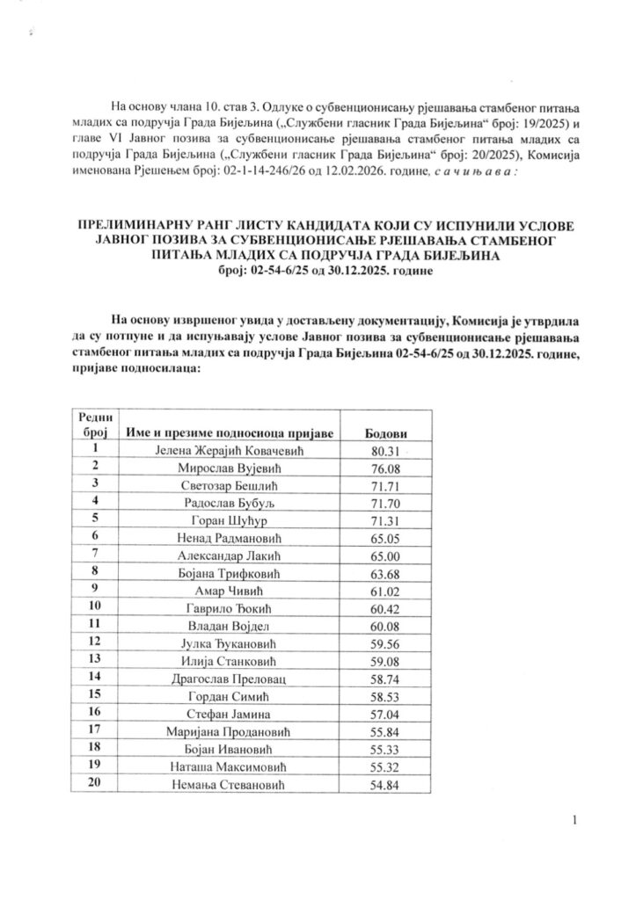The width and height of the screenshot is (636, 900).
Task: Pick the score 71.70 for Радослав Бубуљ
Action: coord(385,502)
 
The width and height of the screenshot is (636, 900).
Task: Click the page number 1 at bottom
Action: coord(574,821)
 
